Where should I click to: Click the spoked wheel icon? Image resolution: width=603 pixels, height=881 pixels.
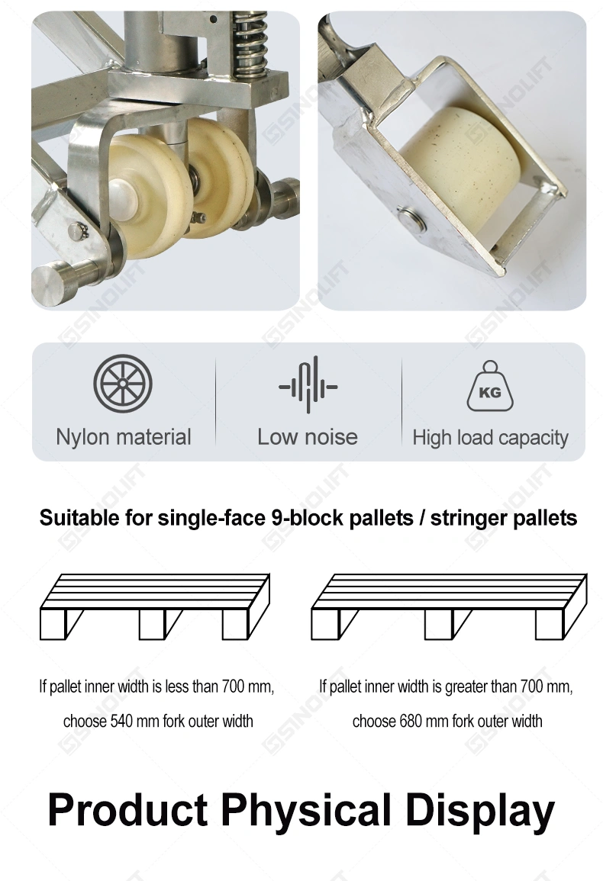tap(123, 384)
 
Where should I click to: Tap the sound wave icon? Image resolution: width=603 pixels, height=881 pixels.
tap(308, 385)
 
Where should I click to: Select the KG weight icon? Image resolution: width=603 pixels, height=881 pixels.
tap(490, 386)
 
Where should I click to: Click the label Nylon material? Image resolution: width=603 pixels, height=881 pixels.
tap(124, 437)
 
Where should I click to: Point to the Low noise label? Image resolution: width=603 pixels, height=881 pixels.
tap(308, 437)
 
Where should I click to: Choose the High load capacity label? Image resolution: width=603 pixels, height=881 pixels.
tap(491, 438)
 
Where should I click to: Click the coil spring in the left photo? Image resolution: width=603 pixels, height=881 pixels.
tap(250, 45)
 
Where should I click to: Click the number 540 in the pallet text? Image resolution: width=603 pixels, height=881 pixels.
tap(121, 722)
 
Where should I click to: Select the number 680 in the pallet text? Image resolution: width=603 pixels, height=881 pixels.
tap(411, 722)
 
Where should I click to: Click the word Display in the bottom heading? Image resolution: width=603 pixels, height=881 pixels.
tap(480, 810)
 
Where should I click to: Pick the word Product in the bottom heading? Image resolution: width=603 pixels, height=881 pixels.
tap(127, 810)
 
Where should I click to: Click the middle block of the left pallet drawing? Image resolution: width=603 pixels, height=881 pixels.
tap(152, 624)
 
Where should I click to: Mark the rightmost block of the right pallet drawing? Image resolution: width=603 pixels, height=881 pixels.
tap(549, 624)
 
